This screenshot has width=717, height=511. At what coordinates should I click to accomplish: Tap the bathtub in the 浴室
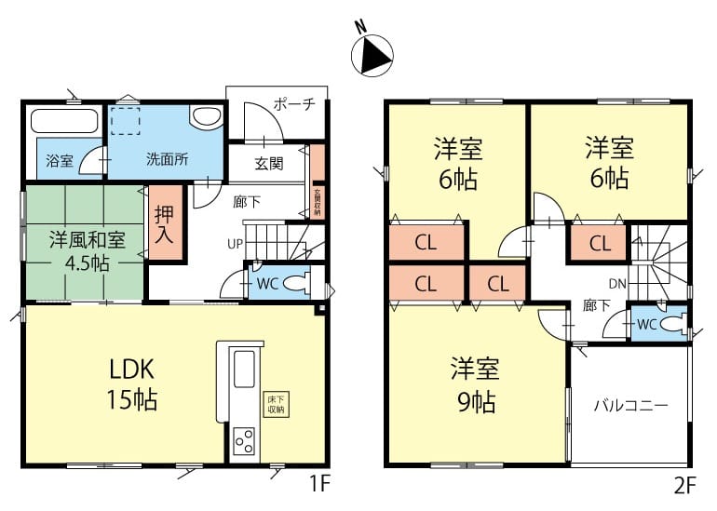click(65, 121)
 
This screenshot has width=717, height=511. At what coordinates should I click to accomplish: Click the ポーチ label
click(294, 104)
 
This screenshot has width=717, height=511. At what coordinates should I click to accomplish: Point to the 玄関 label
click(269, 163)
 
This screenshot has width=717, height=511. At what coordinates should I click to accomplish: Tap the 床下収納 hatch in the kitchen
click(277, 404)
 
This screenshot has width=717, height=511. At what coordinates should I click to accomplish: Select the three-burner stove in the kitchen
click(244, 440)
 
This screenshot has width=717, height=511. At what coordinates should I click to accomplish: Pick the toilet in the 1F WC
click(298, 283)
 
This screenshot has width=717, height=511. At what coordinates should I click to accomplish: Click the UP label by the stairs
click(235, 244)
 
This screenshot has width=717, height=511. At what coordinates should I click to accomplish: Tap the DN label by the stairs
click(617, 284)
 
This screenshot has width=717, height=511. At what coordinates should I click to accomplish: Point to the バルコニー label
click(631, 406)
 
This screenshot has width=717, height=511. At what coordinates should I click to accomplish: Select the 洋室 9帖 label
click(476, 384)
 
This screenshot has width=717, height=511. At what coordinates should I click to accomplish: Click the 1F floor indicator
click(318, 484)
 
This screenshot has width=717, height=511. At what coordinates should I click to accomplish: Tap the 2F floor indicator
click(685, 486)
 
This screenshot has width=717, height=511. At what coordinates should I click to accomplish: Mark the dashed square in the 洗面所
click(126, 121)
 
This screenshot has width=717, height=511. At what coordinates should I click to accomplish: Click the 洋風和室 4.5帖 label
click(87, 251)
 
